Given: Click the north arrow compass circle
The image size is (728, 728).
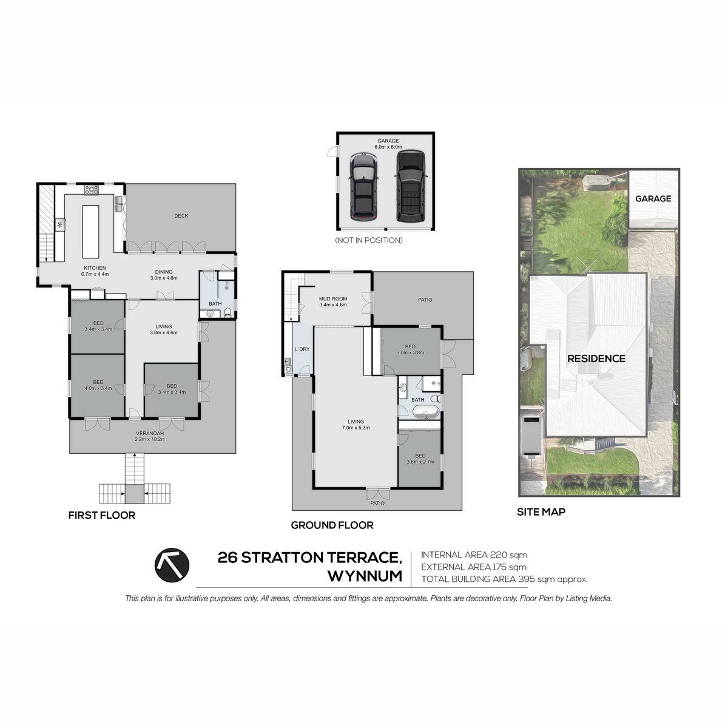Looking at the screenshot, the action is tap(172, 565).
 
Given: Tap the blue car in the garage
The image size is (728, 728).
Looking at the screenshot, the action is tap(363, 187).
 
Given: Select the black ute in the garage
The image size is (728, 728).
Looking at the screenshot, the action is tap(411, 186).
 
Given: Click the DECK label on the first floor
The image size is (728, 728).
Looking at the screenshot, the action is tap(181, 216).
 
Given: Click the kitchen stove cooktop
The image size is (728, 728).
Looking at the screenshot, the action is tap(92, 190).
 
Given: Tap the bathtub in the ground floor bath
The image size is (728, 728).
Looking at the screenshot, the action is tap(426, 412).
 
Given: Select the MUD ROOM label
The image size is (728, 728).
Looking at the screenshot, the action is tap(333, 298).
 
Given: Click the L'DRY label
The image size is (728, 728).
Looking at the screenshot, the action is tap(302, 349).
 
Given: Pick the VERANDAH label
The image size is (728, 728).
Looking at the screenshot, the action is tap(150, 433).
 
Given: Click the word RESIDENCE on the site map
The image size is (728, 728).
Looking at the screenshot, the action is tap(596, 359).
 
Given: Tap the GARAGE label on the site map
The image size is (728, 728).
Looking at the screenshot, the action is tap(653, 198).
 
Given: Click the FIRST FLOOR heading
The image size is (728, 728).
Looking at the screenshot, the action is tap(102, 515).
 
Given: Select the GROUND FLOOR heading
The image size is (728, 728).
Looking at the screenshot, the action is tap(332, 525).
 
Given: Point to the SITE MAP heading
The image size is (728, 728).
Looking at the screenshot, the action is tap(541, 512).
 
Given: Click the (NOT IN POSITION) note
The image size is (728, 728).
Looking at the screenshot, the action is tap(369, 240).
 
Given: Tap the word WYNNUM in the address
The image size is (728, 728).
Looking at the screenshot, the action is tap(365, 576).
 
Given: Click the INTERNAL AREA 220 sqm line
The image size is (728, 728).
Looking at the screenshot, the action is tap(474, 555).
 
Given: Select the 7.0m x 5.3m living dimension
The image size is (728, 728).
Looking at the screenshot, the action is tap(356, 428).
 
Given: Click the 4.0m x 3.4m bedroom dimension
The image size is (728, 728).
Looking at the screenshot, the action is tap(98, 388).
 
